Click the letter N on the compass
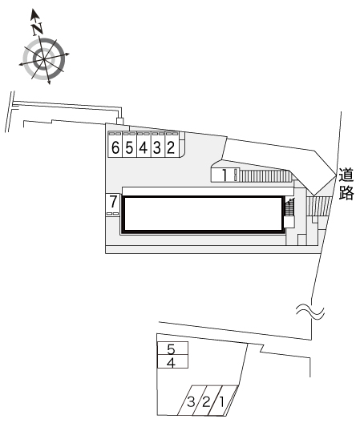point(37,29)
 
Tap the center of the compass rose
point(44,58)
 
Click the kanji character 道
point(346,175)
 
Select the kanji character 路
point(346,192)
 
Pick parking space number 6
point(115,144)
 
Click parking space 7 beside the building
point(112,205)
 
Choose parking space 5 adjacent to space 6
point(130,144)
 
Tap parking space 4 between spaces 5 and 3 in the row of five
point(144,144)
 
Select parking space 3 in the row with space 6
point(158,144)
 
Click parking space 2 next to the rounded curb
point(172,144)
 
